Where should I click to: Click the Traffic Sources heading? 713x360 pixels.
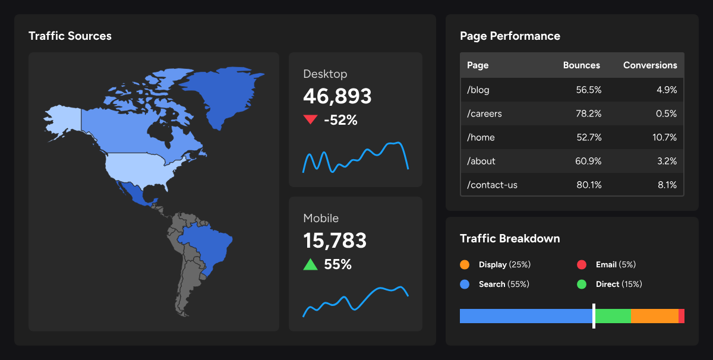[70, 36]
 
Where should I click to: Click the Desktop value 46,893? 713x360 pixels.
[337, 96]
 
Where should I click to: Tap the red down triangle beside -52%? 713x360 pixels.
[310, 120]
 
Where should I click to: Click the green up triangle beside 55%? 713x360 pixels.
[310, 264]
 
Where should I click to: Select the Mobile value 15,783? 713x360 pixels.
[335, 241]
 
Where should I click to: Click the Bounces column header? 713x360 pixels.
[581, 65]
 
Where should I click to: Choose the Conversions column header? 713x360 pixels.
[649, 65]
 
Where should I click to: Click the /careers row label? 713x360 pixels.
[484, 113]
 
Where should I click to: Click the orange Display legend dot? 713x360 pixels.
[465, 264]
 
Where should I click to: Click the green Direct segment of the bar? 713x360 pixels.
[613, 316]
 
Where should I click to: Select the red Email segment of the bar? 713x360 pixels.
[682, 316]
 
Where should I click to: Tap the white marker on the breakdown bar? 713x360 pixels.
[594, 315]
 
